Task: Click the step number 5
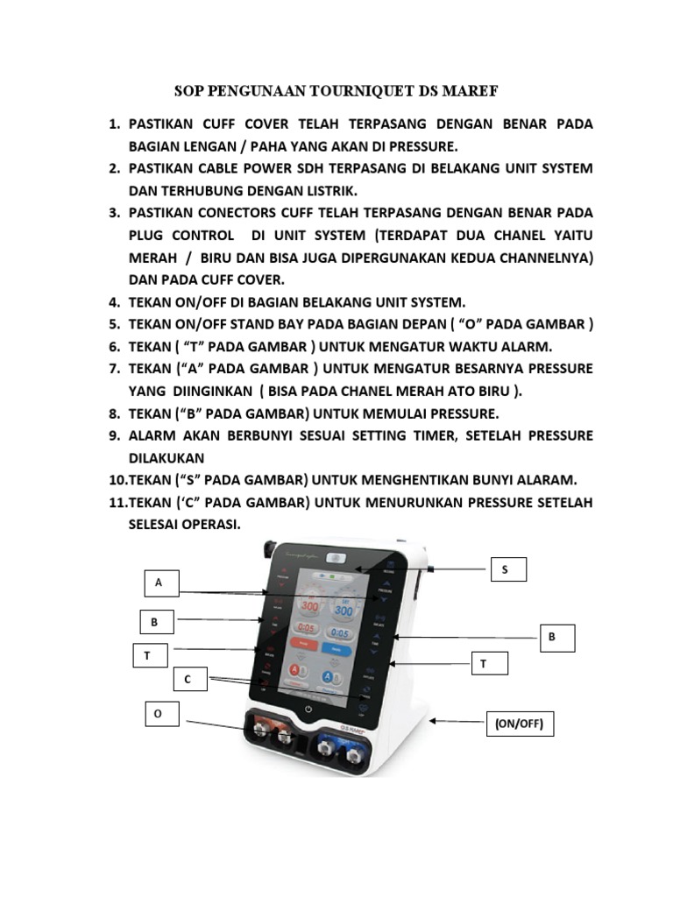click(114, 323)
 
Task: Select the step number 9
click(114, 435)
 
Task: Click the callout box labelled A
click(160, 582)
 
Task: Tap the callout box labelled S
click(506, 569)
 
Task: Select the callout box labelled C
click(188, 679)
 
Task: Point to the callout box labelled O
click(159, 714)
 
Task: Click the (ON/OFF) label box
click(520, 724)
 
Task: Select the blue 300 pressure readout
click(344, 611)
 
